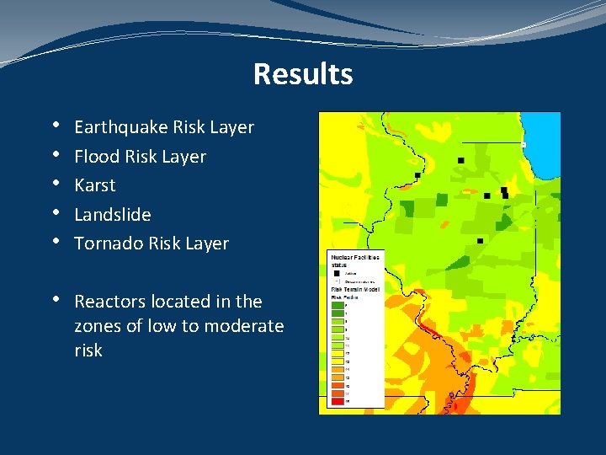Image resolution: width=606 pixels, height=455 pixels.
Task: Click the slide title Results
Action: (x=302, y=74)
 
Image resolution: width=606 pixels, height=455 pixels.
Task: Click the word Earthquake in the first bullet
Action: (x=120, y=127)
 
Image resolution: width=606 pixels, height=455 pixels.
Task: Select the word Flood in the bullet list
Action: (x=95, y=157)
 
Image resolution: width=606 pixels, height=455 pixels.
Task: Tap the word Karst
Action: (x=94, y=185)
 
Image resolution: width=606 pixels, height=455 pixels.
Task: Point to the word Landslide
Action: (x=113, y=215)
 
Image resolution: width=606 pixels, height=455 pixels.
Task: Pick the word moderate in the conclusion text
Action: (x=245, y=326)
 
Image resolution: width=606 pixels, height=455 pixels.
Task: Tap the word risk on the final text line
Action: (x=88, y=351)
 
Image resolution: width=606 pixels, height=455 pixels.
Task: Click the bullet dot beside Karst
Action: (x=55, y=184)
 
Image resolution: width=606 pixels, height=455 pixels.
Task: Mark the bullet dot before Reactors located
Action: (x=55, y=300)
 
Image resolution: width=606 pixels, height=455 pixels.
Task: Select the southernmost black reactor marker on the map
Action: (x=480, y=241)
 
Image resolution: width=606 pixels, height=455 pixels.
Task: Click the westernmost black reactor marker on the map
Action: (x=417, y=175)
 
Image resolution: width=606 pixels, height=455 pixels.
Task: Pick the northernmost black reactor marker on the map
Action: (x=460, y=160)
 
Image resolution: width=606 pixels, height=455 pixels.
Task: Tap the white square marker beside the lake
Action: (x=524, y=145)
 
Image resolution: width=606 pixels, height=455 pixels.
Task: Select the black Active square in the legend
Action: (x=335, y=273)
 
